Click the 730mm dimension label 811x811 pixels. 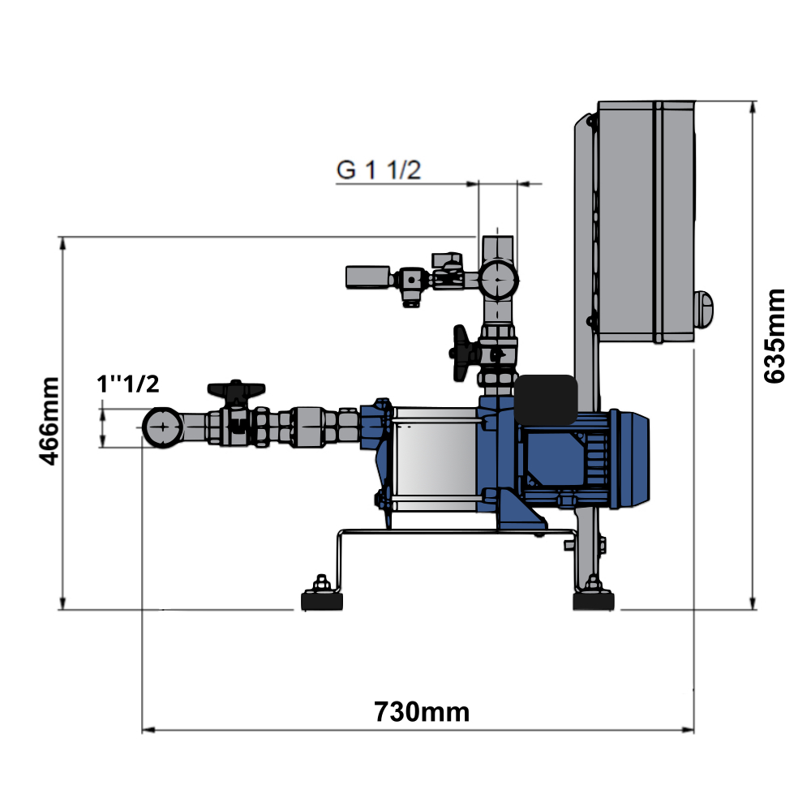coord(422,712)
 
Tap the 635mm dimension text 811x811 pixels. coord(775,336)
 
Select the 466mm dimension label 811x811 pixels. coord(50,420)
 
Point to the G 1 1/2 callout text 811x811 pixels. coord(379,170)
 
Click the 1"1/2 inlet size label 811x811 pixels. coord(127,384)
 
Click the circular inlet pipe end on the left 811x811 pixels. coord(163,427)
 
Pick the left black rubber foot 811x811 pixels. coord(322,601)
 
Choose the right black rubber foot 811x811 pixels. coord(594,601)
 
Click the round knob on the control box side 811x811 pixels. coord(705,311)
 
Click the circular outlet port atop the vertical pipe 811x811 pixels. coord(497,280)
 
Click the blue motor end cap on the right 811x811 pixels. coord(633,459)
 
